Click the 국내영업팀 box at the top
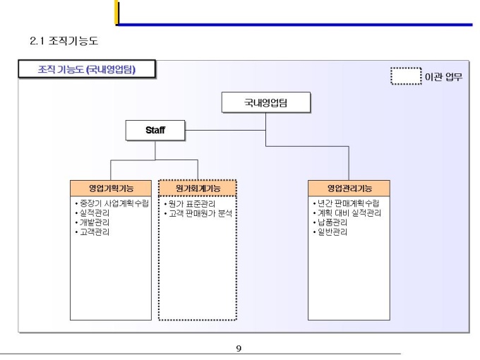coord(265,102)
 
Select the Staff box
coord(155,130)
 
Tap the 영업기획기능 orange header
coord(111,188)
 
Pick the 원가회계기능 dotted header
coord(198,188)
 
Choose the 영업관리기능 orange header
coord(349,188)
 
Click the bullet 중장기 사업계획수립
coord(112,203)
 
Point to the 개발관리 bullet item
coord(92,222)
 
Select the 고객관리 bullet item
coord(92,232)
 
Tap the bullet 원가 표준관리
coord(190,204)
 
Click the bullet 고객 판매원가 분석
coord(198,213)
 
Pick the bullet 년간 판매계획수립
coord(346,203)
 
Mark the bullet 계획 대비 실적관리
coord(347,212)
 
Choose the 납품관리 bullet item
coord(330,222)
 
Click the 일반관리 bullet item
coord(330,232)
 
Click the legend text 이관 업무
coord(443,76)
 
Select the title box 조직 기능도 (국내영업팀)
coord(87,69)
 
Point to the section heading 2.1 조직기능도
coord(64,41)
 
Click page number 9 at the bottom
coord(239,348)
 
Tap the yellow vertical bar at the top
coord(116,12)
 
